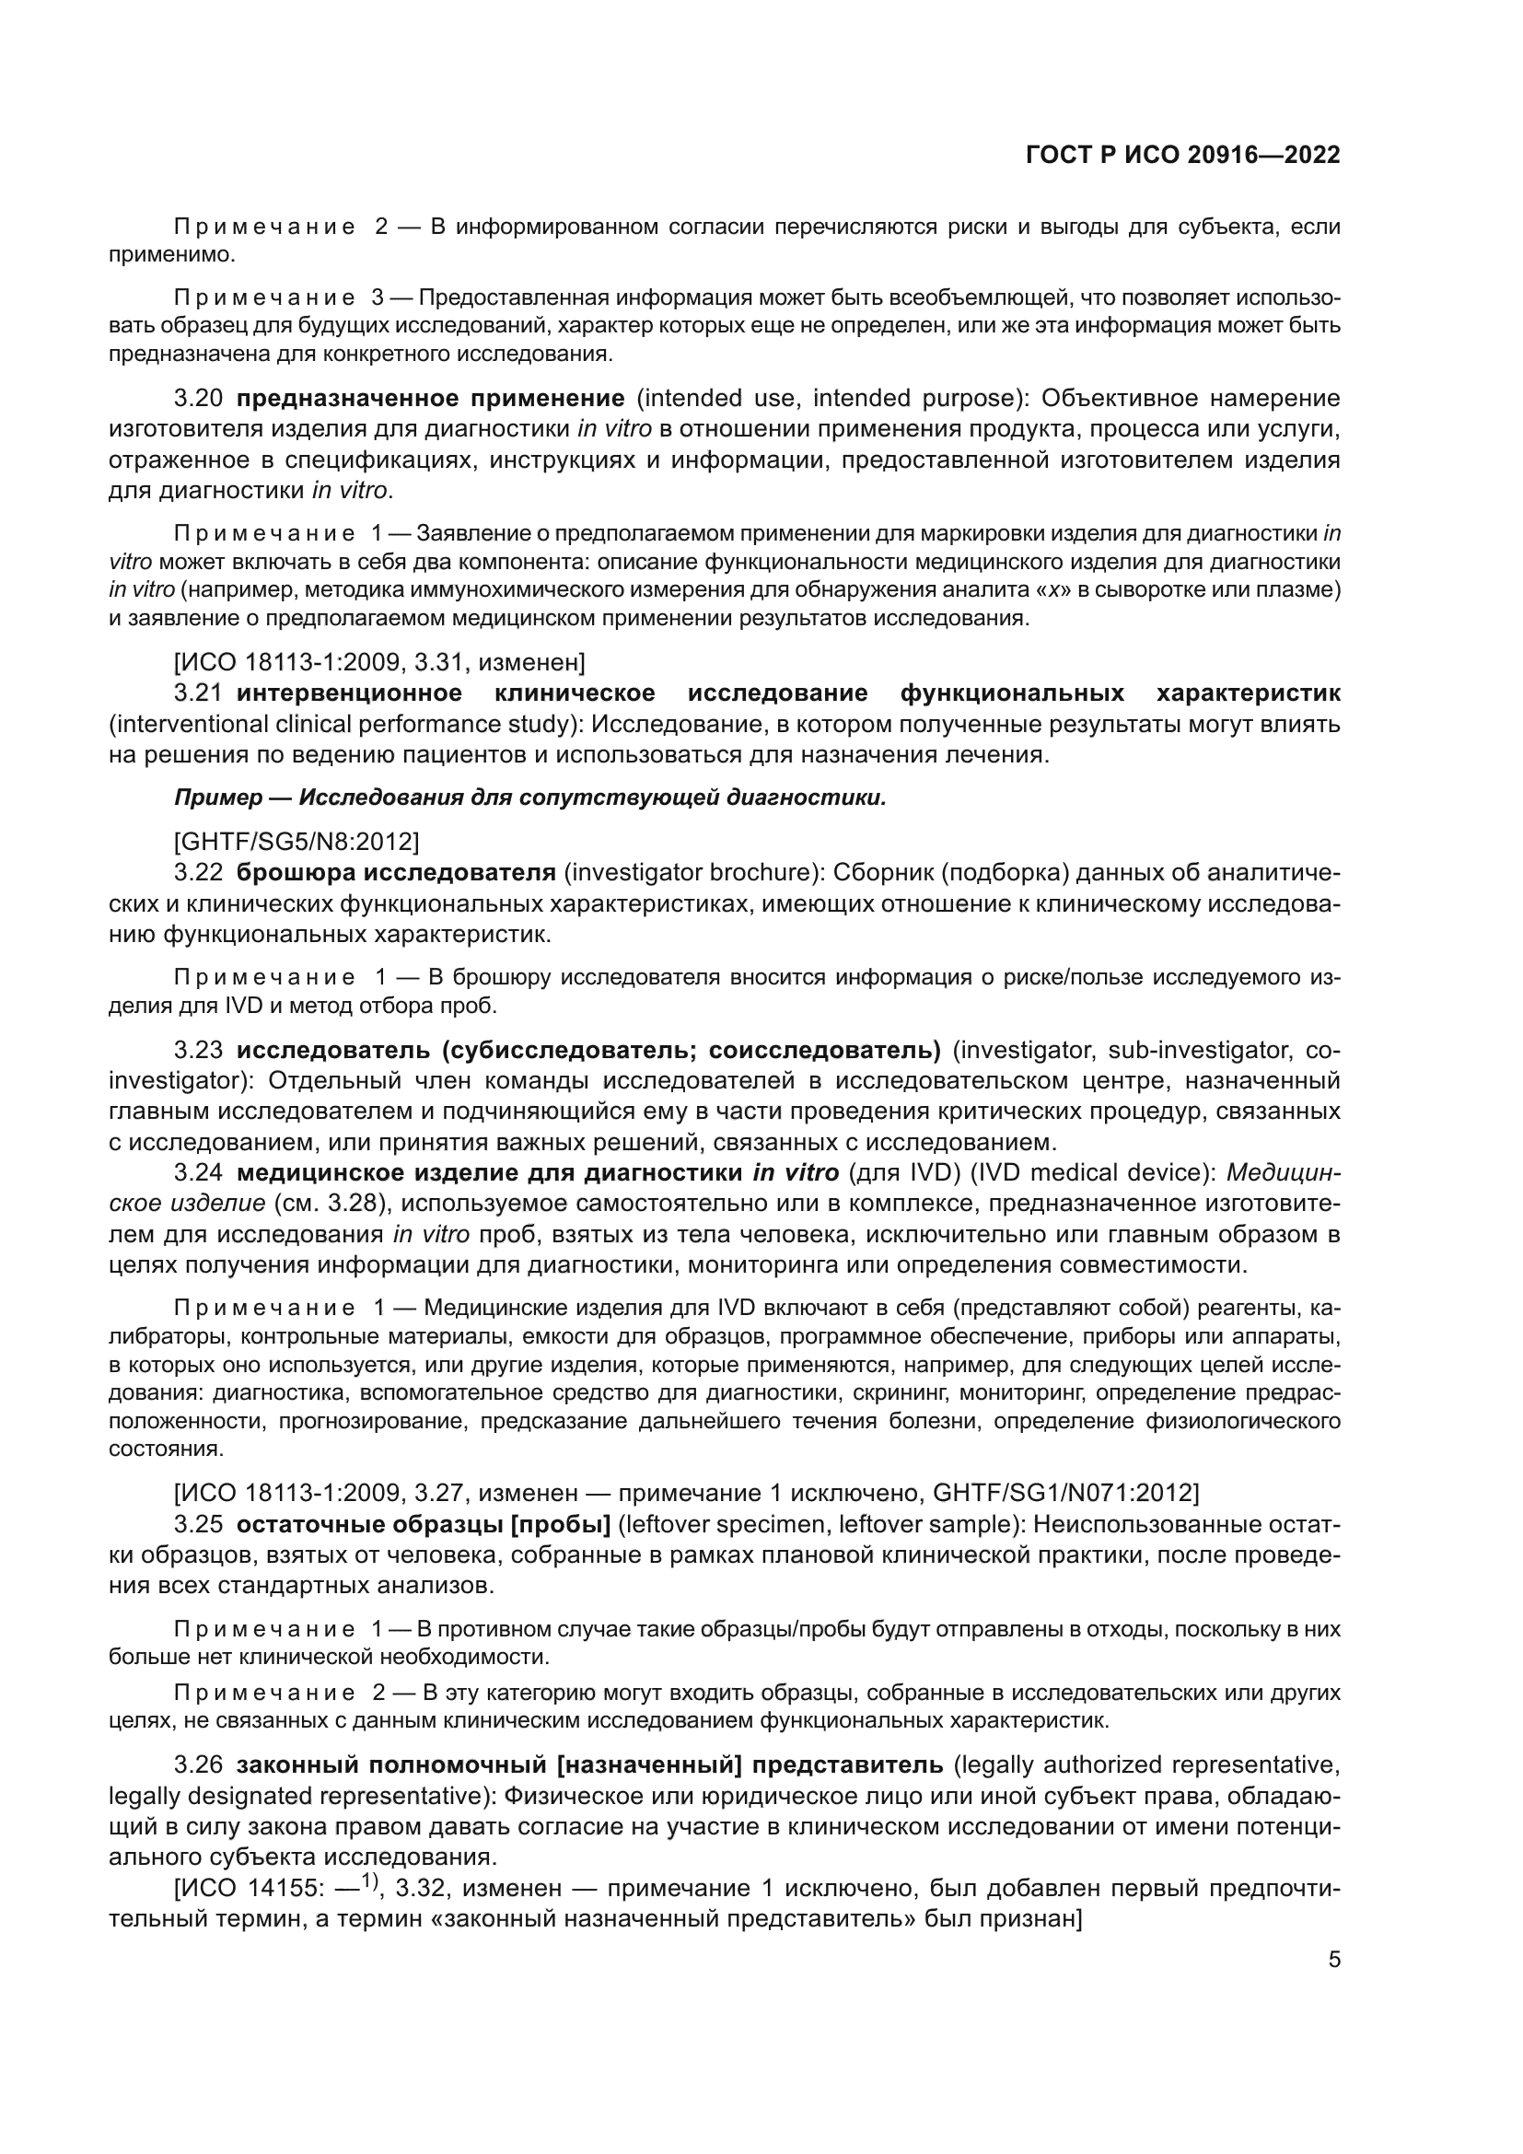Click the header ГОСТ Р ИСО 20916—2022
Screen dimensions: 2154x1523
pyautogui.click(x=1182, y=156)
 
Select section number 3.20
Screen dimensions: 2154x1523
pyautogui.click(x=199, y=399)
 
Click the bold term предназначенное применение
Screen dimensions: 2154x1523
pyautogui.click(x=430, y=399)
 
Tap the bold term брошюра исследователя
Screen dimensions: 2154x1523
pyautogui.click(x=396, y=872)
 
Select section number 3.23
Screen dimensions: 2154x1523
pyautogui.click(x=199, y=1050)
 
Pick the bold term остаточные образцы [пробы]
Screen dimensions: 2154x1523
pyautogui.click(x=423, y=1524)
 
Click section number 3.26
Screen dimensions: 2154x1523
pyautogui.click(x=199, y=1764)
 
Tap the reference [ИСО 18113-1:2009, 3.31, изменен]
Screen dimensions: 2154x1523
pyautogui.click(x=379, y=663)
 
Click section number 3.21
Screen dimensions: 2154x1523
pyautogui.click(x=199, y=693)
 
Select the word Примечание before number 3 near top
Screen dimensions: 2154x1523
pyautogui.click(x=264, y=298)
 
